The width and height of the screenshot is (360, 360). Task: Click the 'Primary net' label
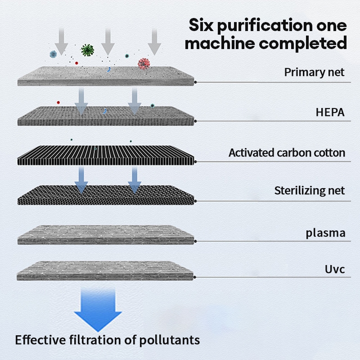314,72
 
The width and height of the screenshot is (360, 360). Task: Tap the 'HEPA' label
330,112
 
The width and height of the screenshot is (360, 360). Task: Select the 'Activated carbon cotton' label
287,153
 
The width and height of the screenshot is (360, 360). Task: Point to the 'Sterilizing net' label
310,190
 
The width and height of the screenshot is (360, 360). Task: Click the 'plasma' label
325,233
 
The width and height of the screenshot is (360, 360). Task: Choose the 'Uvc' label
335,269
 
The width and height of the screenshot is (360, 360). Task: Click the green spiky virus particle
87,50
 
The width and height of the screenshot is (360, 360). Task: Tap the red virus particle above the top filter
144,64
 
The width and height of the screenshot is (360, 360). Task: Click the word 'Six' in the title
201,25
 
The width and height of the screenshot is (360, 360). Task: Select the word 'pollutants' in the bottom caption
170,340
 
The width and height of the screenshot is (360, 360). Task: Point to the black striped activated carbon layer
106,155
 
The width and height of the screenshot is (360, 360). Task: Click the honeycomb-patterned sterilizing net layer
106,195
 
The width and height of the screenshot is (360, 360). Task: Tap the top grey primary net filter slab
106,76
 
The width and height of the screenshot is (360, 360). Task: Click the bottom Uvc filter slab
105,271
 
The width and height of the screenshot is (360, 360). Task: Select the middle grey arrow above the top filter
108,42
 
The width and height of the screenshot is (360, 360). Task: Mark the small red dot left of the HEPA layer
58,103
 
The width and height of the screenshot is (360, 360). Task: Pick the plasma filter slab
106,234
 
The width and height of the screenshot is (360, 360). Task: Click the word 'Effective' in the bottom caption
40,340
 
